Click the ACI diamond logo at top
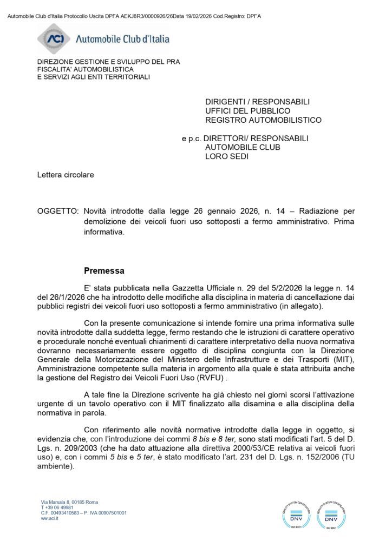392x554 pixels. click(54, 38)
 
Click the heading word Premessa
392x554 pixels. click(104, 270)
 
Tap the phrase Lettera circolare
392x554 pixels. click(66, 175)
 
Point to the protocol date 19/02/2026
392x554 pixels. click(200, 16)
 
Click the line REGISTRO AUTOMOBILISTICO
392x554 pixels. click(263, 120)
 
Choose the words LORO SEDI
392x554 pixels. click(227, 157)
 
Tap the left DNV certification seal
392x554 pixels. click(296, 513)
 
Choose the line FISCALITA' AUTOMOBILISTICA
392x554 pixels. click(85, 69)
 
